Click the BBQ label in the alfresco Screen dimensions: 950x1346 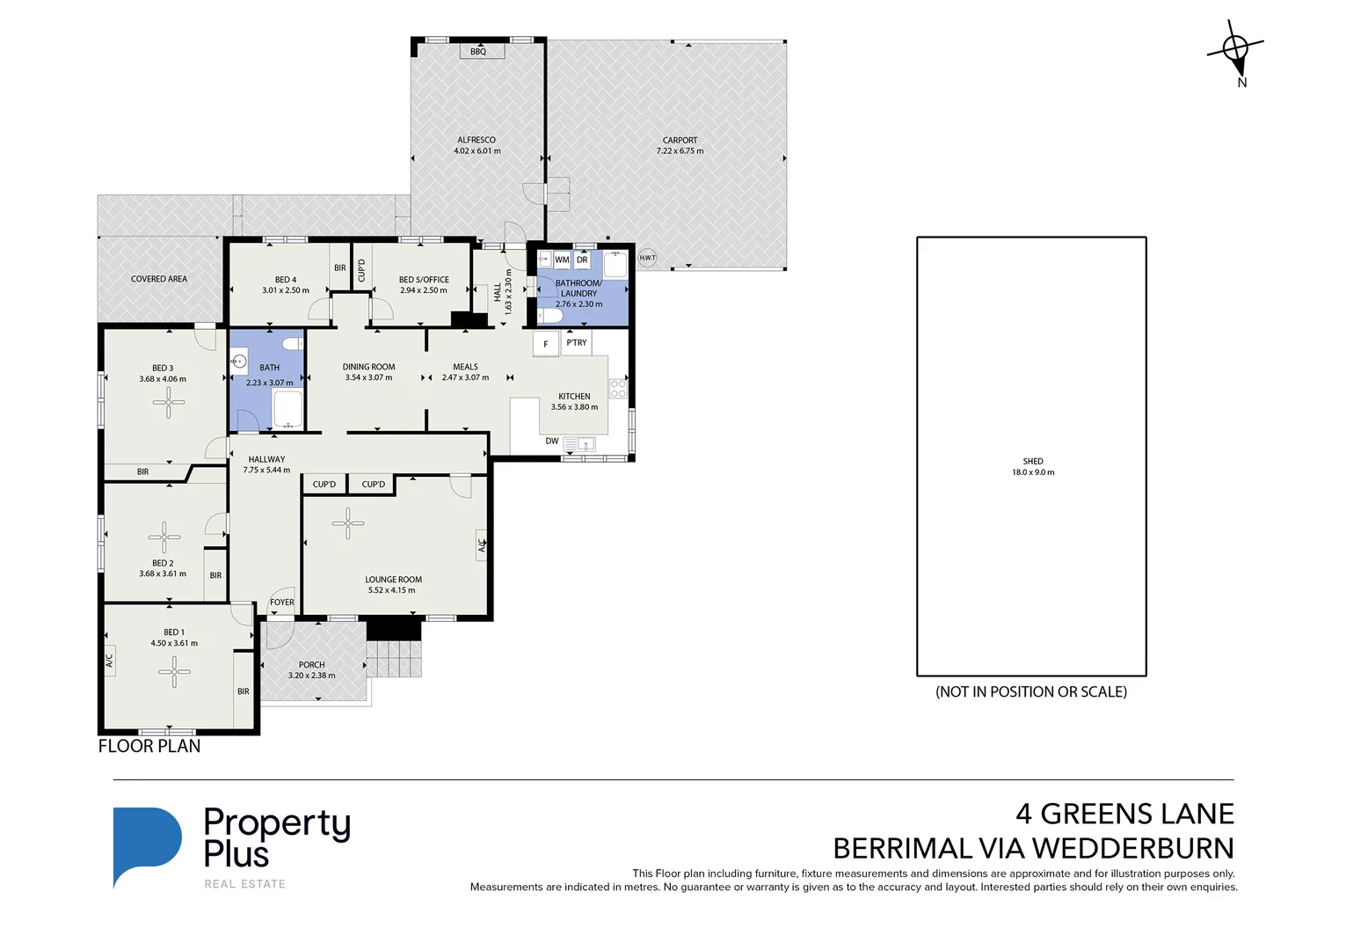pos(478,52)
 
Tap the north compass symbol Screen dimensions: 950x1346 pos(1235,49)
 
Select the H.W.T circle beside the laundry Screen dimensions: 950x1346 pos(647,258)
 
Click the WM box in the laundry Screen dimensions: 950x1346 pos(562,260)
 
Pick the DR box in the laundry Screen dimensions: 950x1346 pos(582,260)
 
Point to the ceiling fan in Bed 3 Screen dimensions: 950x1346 pos(168,402)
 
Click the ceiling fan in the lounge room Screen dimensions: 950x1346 pos(348,523)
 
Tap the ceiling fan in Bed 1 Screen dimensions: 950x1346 pos(174,672)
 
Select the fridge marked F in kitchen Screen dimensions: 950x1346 pos(545,344)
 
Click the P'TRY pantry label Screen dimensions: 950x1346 pos(577,343)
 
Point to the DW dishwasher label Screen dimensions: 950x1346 pos(551,442)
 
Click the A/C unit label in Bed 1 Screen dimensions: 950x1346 pos(110,660)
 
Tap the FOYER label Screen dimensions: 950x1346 pos(282,603)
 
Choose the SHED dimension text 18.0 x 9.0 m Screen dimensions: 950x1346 pos(1033,472)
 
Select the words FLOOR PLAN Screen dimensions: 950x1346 pos(149,746)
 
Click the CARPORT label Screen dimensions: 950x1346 pos(680,140)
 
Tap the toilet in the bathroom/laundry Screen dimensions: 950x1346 pos(550,315)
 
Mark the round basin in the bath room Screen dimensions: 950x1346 pos(238,362)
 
